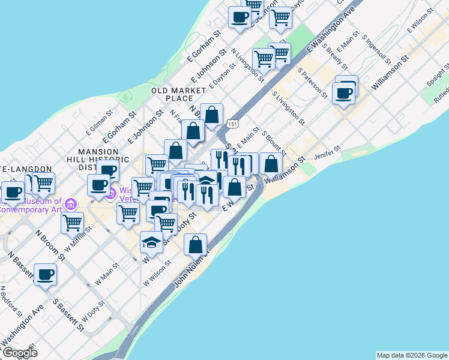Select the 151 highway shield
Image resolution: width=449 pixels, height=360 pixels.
232,123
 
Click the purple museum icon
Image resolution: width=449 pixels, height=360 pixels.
71,204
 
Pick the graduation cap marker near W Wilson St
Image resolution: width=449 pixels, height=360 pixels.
151,243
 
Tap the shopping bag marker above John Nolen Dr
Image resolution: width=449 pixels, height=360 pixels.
196,244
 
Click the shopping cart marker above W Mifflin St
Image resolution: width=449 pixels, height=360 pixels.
72,223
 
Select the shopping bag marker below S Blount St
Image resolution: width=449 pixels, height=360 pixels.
271,163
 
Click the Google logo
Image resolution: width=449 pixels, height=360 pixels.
20,353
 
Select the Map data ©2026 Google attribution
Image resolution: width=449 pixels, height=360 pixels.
412,355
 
